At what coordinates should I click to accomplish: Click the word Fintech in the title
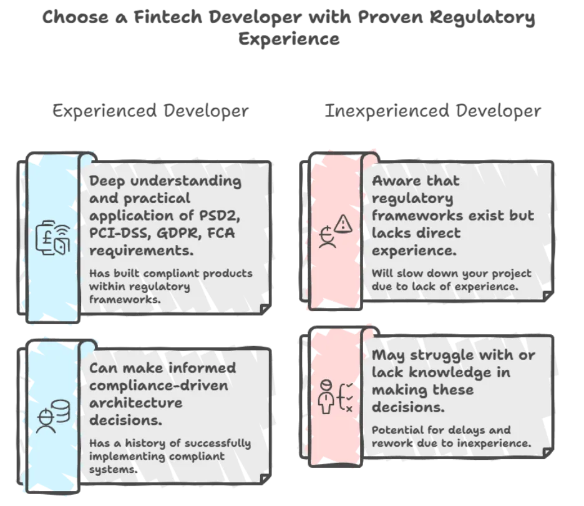point(168,17)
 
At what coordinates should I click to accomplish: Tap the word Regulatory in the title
point(482,19)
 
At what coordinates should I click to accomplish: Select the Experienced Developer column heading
point(150,111)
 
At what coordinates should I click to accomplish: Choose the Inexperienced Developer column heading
point(433,111)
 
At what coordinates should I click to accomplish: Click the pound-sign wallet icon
point(53,237)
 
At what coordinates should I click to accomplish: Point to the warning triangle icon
point(343,224)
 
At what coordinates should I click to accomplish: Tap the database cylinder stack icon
point(61,411)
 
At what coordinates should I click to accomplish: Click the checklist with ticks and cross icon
point(345,397)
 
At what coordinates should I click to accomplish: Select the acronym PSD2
point(220,216)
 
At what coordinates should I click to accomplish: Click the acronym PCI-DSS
point(120,234)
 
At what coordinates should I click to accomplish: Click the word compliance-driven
point(158,386)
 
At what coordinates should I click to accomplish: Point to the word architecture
point(136,403)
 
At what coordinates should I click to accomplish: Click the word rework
point(392,444)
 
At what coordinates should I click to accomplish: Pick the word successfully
point(218,444)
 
